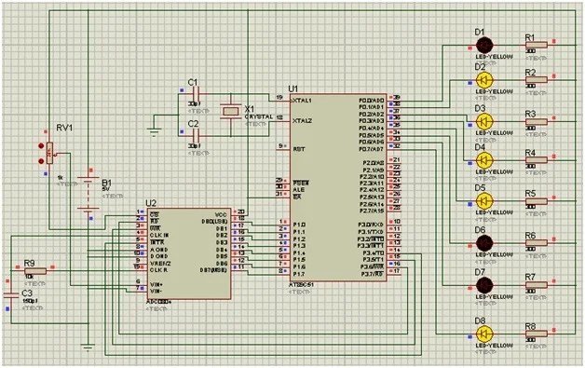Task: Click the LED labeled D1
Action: tap(483, 45)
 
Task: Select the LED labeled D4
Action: tap(483, 161)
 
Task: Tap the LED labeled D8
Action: tap(483, 334)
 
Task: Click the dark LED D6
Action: tap(483, 243)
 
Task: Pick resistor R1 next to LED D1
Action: tap(536, 46)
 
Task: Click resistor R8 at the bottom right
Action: tap(536, 334)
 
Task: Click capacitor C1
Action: tap(195, 92)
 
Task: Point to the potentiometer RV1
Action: tap(50, 147)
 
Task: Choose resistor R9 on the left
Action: tap(34, 269)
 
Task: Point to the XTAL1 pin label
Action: tap(301, 100)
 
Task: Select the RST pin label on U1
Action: tap(297, 147)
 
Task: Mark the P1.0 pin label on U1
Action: tap(298, 225)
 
